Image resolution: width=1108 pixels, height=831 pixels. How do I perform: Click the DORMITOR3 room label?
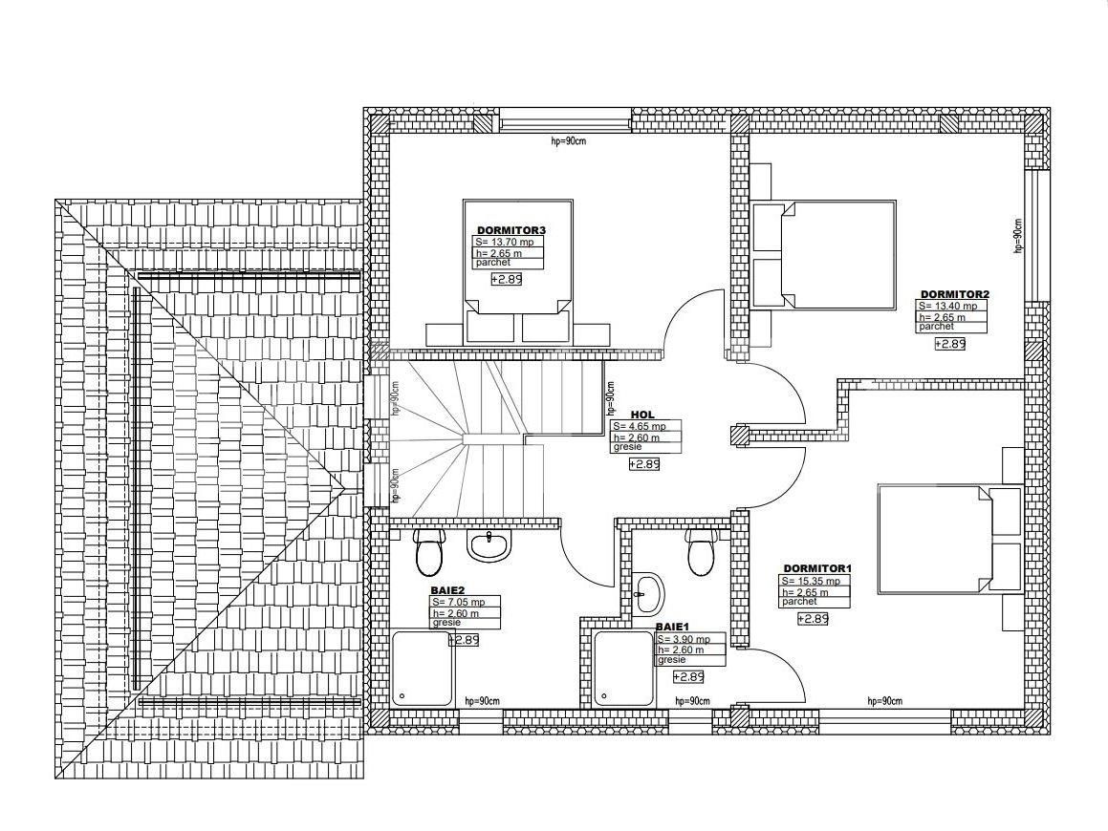point(511,230)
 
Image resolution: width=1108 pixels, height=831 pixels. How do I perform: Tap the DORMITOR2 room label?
point(955,294)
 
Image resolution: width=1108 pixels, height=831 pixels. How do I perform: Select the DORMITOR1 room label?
point(817,569)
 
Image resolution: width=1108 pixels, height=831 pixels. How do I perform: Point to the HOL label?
point(642,415)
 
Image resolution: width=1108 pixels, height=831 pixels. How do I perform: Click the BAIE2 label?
point(447,590)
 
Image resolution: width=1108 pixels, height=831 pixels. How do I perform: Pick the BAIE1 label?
point(672,627)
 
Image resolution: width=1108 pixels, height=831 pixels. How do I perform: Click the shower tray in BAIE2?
point(423,668)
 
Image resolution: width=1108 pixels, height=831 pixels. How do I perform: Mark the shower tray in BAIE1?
point(624,668)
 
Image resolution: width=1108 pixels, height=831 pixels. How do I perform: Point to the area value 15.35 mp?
point(812,581)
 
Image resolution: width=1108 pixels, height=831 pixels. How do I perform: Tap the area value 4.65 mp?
point(640,426)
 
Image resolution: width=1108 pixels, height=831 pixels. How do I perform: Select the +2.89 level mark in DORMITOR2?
point(949,344)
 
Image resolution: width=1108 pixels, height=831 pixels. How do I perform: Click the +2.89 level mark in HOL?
point(643,464)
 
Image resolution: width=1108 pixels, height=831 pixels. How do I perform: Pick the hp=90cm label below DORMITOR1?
point(884,701)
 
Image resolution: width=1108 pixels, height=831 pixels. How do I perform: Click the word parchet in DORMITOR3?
point(492,263)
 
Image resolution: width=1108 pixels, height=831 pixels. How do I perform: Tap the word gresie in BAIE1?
point(671,659)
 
